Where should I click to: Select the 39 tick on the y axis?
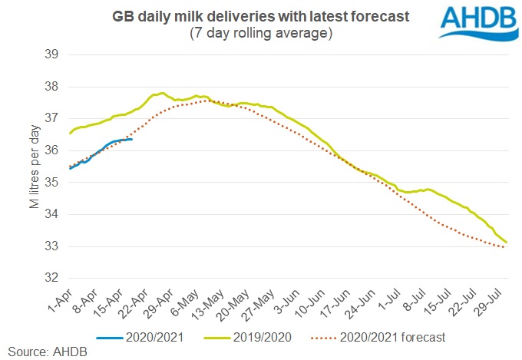(x=53, y=55)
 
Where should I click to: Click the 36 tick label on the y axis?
(x=53, y=150)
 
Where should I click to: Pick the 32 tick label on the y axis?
(x=53, y=278)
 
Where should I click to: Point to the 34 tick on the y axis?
(x=53, y=214)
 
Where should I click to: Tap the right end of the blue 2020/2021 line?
(x=132, y=139)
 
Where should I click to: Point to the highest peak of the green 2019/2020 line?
(x=161, y=93)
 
